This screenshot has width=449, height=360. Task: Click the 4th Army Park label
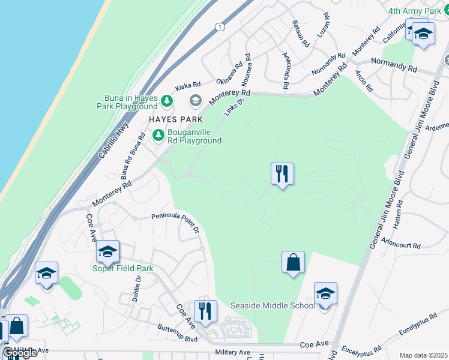(414, 11)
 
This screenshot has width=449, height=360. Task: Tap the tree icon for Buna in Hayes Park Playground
(167, 101)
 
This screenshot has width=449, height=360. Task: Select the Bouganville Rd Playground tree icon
(158, 135)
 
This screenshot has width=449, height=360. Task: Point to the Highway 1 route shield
(220, 27)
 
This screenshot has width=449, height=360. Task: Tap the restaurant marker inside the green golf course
(282, 174)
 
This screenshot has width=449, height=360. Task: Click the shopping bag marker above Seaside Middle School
(293, 262)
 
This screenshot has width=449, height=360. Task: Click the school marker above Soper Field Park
(107, 251)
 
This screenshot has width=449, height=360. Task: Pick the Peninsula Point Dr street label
(175, 218)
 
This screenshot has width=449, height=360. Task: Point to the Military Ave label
(232, 352)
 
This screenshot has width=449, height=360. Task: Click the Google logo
(19, 353)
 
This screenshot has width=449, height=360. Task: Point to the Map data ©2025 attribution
(423, 355)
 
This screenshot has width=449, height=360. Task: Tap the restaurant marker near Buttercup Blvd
(205, 311)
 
